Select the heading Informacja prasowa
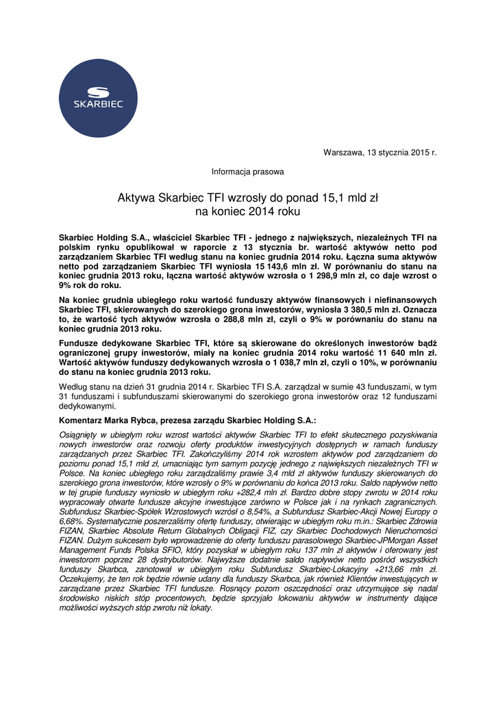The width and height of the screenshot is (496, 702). pyautogui.click(x=247, y=171)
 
